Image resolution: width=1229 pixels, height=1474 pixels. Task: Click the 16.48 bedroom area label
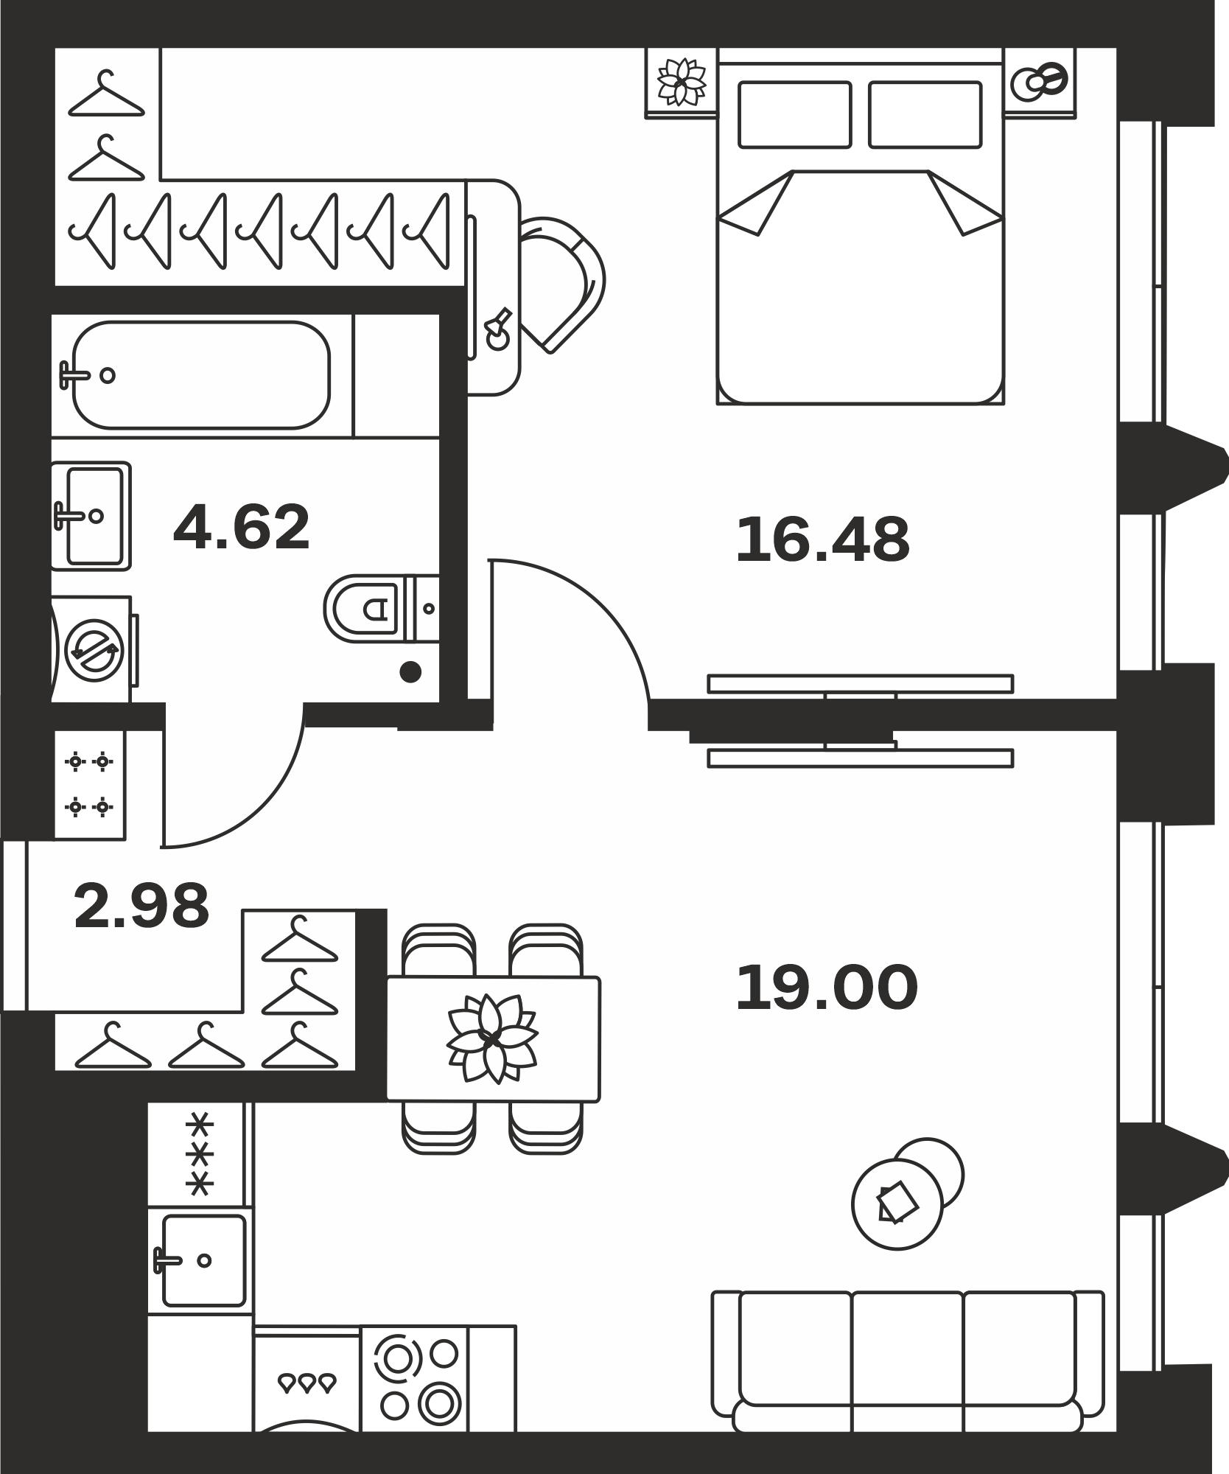tap(822, 540)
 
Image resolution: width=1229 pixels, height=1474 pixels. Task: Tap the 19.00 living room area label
tap(827, 988)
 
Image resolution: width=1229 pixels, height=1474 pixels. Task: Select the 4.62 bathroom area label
tap(242, 527)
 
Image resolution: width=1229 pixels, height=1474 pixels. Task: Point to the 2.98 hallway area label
tap(141, 906)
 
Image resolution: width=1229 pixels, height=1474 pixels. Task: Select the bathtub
tap(201, 374)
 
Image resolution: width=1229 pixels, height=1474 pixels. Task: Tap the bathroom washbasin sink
tap(91, 516)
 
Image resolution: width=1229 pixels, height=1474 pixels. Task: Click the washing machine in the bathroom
tap(94, 649)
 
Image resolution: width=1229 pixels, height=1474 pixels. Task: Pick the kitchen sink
tap(200, 1260)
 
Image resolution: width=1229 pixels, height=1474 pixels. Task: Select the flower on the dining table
tap(492, 1038)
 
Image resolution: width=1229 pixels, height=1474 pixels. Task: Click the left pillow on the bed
tap(795, 114)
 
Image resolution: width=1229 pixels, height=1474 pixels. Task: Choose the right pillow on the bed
tap(925, 114)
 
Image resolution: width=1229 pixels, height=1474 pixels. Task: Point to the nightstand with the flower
tap(682, 83)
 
